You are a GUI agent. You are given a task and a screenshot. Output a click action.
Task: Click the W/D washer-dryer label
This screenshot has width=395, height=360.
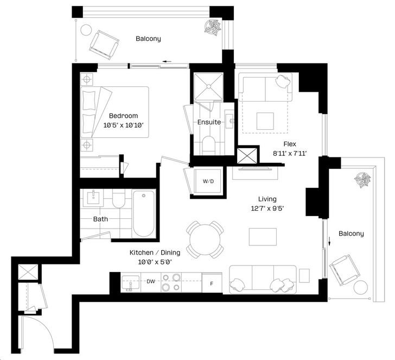pos(208,181)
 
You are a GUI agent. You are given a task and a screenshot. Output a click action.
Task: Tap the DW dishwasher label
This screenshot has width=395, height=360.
pos(151,282)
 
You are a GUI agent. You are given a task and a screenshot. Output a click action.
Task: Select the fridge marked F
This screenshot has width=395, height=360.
pos(212,283)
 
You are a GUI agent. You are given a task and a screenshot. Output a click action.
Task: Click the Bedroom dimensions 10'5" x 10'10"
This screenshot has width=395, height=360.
pos(124,125)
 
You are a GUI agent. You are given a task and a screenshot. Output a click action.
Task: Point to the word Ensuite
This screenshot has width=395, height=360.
pos(209,122)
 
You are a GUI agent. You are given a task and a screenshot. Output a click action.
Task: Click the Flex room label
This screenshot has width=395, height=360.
pos(290,144)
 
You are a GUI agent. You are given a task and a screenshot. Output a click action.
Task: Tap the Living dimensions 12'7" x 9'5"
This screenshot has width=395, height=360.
pos(267,209)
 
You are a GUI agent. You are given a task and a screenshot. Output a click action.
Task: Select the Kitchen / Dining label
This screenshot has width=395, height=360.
pos(155,252)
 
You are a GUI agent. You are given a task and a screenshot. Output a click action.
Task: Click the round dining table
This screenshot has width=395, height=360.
pos(205,239)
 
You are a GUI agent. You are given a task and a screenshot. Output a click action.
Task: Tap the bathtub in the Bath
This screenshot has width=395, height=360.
pos(144,214)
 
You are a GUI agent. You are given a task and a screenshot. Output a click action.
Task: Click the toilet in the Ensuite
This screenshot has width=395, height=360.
pos(208,146)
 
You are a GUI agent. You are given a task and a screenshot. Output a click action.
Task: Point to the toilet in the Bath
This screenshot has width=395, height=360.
pos(118,199)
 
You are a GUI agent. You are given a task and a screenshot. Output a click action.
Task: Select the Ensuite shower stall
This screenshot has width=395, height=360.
pos(208,86)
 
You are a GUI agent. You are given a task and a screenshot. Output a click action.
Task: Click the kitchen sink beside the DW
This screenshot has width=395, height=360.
pos(130,282)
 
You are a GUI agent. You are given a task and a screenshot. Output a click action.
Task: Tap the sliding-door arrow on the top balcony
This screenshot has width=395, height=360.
pos(167,61)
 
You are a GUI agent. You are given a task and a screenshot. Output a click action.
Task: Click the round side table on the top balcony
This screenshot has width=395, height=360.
pos(86,30)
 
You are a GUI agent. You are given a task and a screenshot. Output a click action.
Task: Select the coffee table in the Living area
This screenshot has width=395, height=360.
pos(263,237)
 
